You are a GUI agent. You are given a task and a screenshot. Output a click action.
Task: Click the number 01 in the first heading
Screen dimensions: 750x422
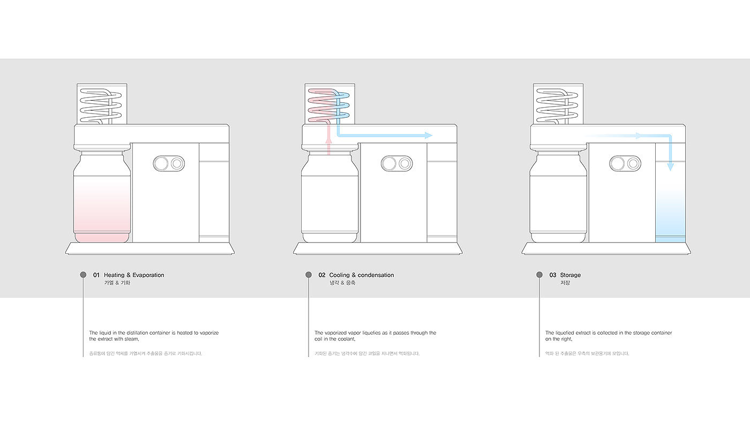[96, 275]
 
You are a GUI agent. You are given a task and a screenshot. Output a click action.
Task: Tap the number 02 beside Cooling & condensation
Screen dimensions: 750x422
[322, 275]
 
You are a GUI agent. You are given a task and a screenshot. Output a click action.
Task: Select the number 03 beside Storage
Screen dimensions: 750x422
[553, 275]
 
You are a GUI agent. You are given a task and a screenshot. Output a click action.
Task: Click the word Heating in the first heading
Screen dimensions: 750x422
[115, 275]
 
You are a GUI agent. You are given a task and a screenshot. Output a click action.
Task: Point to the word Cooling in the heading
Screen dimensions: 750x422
[340, 275]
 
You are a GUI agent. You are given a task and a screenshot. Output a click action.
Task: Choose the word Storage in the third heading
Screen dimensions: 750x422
[571, 275]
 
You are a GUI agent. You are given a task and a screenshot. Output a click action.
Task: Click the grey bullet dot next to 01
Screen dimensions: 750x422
[83, 275]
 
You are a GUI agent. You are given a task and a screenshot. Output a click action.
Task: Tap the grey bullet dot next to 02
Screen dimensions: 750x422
[309, 275]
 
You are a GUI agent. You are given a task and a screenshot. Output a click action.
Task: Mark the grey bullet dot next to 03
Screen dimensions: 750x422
[539, 275]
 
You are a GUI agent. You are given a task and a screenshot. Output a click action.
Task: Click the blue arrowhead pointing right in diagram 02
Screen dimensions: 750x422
[429, 135]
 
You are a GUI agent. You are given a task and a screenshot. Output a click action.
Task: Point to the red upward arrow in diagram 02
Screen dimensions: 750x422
[329, 140]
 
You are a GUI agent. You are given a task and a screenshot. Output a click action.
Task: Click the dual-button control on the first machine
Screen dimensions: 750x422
[169, 163]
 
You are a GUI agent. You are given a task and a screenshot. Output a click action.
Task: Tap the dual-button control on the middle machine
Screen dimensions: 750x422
[396, 163]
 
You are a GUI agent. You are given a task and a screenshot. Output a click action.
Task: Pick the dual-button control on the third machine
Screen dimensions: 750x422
[625, 163]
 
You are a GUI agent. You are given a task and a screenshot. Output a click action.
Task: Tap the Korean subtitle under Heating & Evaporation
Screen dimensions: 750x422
[117, 283]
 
